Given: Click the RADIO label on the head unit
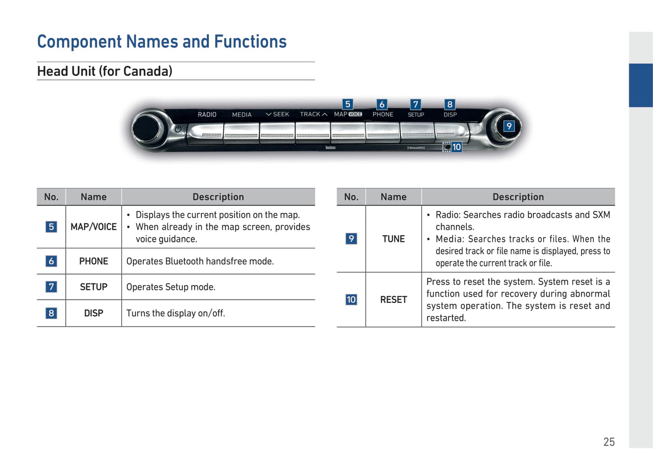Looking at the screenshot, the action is [x=207, y=114].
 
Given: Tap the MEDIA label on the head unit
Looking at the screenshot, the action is [x=242, y=115].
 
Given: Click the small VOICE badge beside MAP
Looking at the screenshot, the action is [x=355, y=114].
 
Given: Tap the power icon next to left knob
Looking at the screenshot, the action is [x=178, y=129].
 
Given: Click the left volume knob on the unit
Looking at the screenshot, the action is [x=147, y=128].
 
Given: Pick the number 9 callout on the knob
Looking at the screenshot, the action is [x=509, y=126].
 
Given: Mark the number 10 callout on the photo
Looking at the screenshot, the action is [x=456, y=147].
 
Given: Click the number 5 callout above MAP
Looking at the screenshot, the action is [x=348, y=104].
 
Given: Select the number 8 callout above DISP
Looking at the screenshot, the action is [x=450, y=104].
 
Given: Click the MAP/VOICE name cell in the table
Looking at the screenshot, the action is [x=94, y=227].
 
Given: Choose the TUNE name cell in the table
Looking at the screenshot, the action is [x=394, y=239].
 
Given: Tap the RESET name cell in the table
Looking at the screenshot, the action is [x=394, y=300].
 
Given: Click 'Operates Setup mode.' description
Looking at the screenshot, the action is [x=171, y=287].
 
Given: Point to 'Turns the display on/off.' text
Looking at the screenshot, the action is [x=175, y=313].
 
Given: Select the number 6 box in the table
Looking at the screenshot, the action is [x=52, y=261].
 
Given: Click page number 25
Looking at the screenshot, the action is [x=609, y=442].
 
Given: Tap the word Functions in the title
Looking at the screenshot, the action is [x=250, y=42].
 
